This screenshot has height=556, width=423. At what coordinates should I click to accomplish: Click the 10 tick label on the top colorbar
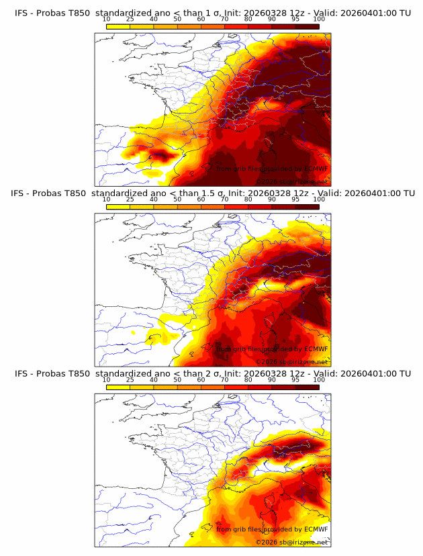107,19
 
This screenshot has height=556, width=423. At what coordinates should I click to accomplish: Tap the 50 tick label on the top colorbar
177,19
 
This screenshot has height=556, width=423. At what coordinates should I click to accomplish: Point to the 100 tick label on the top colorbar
319,19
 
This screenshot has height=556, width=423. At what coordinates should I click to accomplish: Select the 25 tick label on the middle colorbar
130,199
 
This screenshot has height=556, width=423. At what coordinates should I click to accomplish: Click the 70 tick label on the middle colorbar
224,199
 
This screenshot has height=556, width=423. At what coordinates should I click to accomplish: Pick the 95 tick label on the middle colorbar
295,199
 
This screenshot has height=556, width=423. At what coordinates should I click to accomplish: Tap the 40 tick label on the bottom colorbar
154,379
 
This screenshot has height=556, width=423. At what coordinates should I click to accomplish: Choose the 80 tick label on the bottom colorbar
248,379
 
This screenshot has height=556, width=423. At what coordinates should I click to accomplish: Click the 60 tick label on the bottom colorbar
201,379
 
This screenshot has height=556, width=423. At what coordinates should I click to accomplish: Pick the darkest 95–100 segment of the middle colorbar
308,206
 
